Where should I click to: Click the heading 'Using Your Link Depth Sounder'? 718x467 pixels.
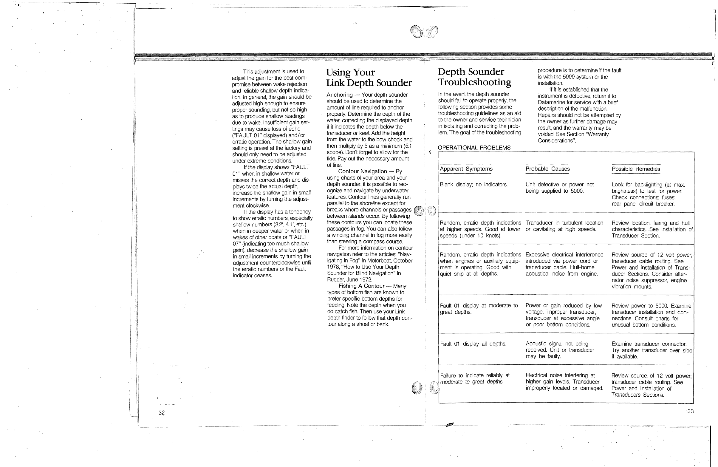click(369, 78)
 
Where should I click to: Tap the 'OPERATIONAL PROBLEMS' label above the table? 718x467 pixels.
click(474, 148)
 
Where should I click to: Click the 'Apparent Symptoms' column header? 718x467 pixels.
click(465, 169)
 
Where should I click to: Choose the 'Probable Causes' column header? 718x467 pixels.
click(547, 169)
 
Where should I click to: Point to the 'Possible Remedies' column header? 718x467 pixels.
click(636, 169)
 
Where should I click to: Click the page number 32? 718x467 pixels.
click(161, 413)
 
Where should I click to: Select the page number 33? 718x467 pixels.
click(690, 411)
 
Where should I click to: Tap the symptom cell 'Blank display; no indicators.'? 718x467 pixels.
click(473, 185)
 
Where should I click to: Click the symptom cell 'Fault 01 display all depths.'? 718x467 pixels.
click(473, 344)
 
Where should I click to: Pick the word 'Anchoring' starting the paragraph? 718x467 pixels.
click(339, 95)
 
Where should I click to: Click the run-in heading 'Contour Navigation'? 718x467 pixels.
click(362, 171)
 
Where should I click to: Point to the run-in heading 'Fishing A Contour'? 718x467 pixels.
click(361, 286)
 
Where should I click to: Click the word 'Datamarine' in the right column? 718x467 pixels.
click(552, 102)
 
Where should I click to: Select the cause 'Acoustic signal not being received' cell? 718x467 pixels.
click(560, 350)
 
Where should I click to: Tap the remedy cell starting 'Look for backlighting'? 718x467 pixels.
click(648, 194)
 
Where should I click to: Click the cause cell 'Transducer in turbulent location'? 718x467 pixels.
click(564, 226)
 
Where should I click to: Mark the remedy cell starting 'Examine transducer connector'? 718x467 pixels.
click(651, 350)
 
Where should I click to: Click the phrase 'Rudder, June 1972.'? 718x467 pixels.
click(349, 280)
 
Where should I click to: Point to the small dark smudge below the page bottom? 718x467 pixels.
click(449, 424)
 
